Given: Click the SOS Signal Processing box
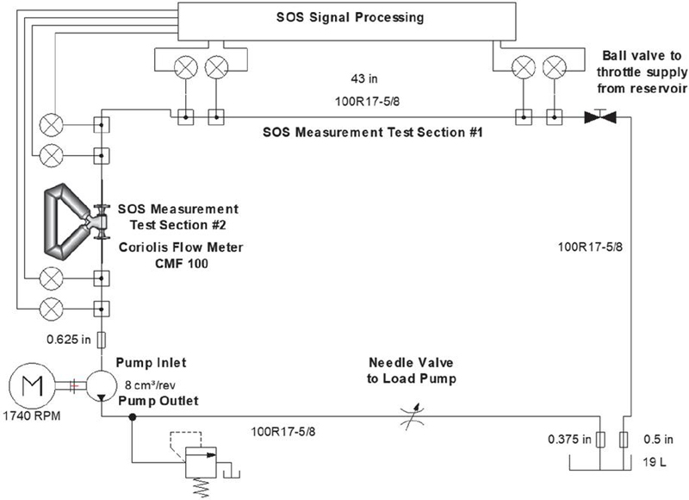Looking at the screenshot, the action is tap(346, 21).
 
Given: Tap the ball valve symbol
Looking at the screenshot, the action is tap(600, 116).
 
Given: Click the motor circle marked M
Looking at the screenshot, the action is tap(32, 385).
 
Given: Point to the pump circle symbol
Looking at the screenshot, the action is tap(102, 385).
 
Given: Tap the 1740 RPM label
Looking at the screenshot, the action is tap(32, 416).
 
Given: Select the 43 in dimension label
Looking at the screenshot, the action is tap(363, 78).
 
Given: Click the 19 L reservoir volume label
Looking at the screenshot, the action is tap(654, 462).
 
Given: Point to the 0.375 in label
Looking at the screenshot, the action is tap(569, 439).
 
